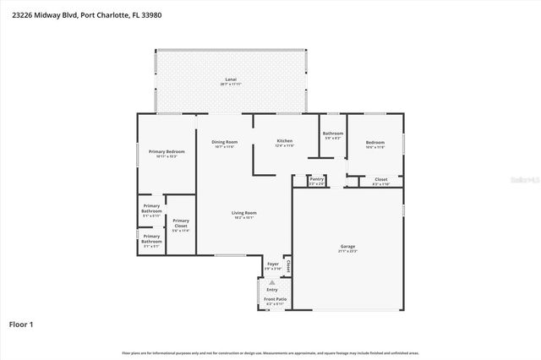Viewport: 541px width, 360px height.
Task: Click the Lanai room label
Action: click(x=231, y=79)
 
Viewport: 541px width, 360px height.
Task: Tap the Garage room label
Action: click(x=347, y=246)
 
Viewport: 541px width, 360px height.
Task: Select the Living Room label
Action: click(x=245, y=212)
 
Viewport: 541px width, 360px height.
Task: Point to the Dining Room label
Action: click(x=225, y=141)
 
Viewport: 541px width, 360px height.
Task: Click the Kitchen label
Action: click(x=285, y=140)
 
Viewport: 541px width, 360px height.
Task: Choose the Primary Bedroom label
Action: click(x=167, y=151)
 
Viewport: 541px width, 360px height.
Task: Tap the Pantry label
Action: click(x=317, y=178)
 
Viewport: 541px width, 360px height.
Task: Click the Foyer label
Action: click(x=272, y=264)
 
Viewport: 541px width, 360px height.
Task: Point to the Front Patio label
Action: click(x=275, y=299)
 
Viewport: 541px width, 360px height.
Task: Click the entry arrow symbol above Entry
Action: click(x=272, y=282)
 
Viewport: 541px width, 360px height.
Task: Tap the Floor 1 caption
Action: click(x=21, y=324)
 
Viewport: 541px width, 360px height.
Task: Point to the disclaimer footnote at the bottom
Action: click(x=270, y=352)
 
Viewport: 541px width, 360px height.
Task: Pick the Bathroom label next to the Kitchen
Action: click(x=332, y=133)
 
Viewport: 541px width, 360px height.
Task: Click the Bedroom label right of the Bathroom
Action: click(x=375, y=142)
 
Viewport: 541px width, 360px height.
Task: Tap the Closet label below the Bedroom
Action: click(x=381, y=179)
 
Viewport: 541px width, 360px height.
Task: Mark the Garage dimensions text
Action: click(x=347, y=251)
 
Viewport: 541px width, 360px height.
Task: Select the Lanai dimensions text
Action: click(x=231, y=85)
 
